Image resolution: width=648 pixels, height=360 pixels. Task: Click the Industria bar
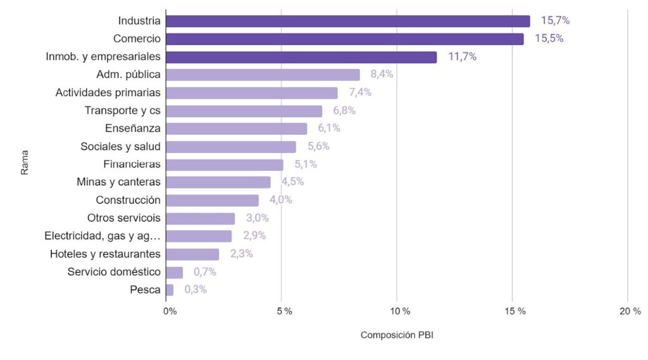click(x=347, y=21)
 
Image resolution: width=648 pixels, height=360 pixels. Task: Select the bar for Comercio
click(x=344, y=39)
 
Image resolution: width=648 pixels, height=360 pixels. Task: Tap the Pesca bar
click(x=169, y=290)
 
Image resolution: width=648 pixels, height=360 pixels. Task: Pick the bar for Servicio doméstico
click(x=174, y=272)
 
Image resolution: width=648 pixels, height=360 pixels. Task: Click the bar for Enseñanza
click(x=236, y=128)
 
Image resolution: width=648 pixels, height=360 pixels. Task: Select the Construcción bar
click(x=212, y=200)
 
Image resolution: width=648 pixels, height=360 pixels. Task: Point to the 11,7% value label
click(x=463, y=56)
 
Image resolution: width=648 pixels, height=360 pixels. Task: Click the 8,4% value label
click(x=382, y=74)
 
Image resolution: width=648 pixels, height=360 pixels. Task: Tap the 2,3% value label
click(x=241, y=254)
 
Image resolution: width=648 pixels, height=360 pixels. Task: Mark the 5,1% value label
click(x=306, y=164)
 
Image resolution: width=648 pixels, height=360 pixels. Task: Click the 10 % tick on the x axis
click(x=400, y=311)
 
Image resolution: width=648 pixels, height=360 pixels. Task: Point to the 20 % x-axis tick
click(x=630, y=311)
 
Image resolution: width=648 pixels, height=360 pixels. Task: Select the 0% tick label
click(x=170, y=311)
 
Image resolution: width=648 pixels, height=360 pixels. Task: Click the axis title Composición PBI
click(x=397, y=335)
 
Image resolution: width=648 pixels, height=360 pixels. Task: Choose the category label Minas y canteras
click(x=118, y=182)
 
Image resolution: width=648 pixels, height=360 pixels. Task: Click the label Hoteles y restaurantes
click(x=105, y=254)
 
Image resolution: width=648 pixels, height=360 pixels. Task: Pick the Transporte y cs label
click(x=122, y=110)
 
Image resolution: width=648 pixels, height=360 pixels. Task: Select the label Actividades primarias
click(x=108, y=92)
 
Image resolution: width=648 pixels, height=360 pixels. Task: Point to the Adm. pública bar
click(x=263, y=75)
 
